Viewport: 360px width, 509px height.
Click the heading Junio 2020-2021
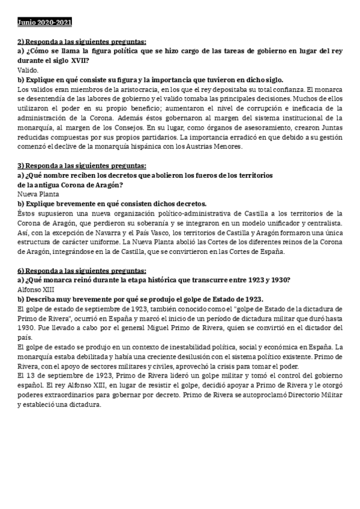point(45,23)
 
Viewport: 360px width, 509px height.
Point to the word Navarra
point(100,232)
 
